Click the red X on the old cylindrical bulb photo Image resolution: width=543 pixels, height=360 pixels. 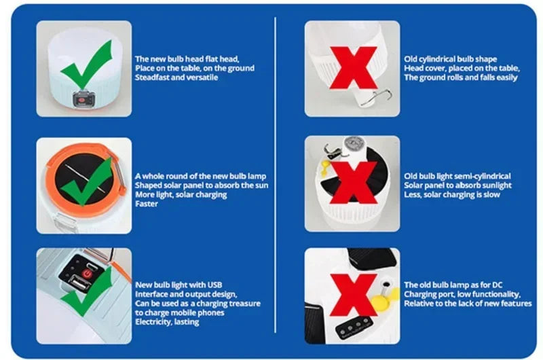click(353, 68)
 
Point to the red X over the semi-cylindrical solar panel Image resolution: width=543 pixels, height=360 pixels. click(353, 183)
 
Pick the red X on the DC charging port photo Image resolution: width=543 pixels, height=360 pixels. click(353, 295)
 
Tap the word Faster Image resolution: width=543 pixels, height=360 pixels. click(147, 204)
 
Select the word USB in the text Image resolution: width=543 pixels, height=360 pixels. click(214, 285)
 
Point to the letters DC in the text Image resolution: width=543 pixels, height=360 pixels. click(497, 285)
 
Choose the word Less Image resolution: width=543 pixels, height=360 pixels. click(413, 195)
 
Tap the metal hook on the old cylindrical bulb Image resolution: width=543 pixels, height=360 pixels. click(377, 97)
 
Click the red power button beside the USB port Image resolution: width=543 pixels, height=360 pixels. click(86, 274)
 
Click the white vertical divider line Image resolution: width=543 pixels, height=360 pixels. click(276, 175)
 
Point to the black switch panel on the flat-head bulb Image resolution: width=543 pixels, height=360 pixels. click(83, 98)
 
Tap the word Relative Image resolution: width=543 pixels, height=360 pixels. click(417, 304)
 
